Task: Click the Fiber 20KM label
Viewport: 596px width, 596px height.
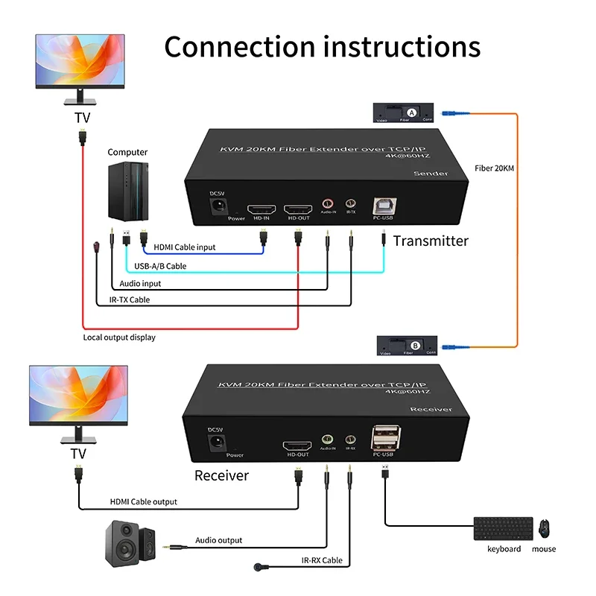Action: click(x=494, y=168)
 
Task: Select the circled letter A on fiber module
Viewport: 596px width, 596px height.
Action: click(x=411, y=111)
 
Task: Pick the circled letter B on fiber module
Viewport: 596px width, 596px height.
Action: click(x=416, y=344)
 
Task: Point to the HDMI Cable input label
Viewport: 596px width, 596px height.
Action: click(x=185, y=247)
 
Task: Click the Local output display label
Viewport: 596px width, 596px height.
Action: click(x=119, y=337)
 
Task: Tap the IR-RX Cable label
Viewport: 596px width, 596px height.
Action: click(x=322, y=560)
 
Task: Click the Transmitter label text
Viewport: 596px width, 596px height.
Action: click(x=431, y=241)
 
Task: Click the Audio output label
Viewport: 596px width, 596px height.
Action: click(x=219, y=540)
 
